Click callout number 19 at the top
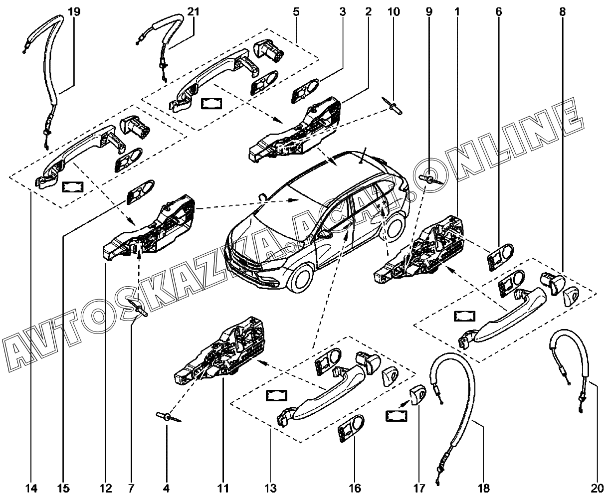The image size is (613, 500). point(74,12)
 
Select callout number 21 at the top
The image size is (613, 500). point(194,12)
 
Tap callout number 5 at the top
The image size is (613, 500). point(296,12)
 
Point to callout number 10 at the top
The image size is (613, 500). point(394,12)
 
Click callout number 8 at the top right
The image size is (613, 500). point(562,12)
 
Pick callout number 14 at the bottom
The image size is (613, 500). point(31,488)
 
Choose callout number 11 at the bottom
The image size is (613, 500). point(223,488)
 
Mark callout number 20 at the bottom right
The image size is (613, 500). point(598,488)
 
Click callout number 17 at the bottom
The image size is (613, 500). point(419,488)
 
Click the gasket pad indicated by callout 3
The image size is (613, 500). point(306,91)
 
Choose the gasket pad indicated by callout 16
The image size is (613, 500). point(351,429)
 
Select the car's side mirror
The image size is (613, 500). point(324,234)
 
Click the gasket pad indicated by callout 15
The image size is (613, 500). point(140,192)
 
